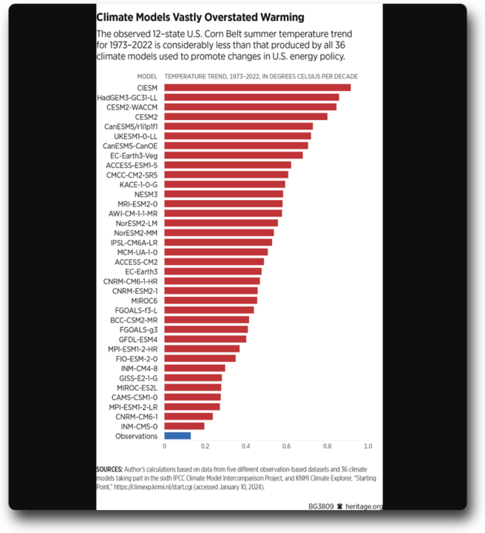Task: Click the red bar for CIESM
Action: (257, 87)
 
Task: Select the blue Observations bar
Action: (177, 436)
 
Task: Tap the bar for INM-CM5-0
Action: (184, 426)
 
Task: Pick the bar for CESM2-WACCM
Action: (250, 107)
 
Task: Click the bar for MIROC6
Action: (211, 301)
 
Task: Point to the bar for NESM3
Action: (223, 194)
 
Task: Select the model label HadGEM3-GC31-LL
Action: (127, 97)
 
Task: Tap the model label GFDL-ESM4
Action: (138, 339)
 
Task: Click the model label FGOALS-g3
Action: (138, 329)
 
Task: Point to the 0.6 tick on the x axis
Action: (286, 446)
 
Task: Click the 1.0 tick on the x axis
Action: (367, 446)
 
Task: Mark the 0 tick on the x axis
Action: (164, 446)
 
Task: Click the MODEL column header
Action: (146, 76)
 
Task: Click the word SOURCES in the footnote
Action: (110, 469)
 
